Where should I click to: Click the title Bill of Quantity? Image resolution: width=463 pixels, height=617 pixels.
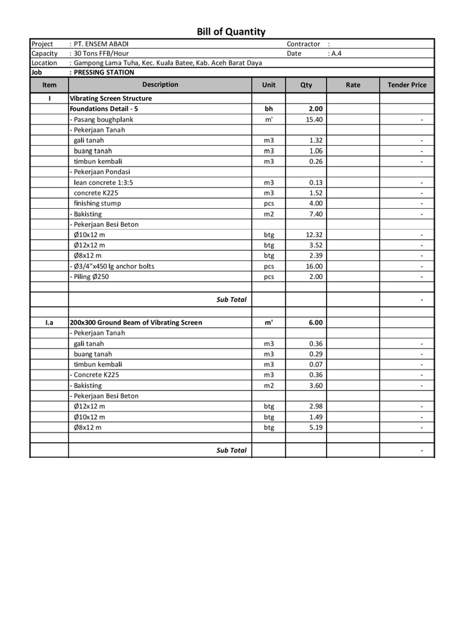[x=231, y=31]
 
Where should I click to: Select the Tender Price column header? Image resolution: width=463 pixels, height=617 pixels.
[x=406, y=85]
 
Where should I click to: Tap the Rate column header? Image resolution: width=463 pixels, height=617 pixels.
[x=352, y=85]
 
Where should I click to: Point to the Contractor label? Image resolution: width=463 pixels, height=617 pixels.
[x=304, y=44]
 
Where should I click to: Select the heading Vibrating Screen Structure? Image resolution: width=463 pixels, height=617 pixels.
[x=111, y=98]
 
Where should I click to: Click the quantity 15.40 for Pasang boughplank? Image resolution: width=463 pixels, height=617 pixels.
[x=314, y=120]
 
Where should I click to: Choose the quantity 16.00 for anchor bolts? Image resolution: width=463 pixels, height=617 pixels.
[x=314, y=266]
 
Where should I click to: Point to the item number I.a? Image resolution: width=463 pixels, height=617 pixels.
[x=50, y=323]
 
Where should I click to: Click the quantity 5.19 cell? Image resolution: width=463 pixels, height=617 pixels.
[x=315, y=427]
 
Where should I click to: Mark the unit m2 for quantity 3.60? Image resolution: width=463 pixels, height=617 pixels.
[x=269, y=386]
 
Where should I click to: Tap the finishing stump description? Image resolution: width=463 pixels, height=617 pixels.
[x=97, y=203]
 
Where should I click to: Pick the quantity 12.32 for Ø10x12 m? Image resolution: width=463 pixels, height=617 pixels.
[x=314, y=235]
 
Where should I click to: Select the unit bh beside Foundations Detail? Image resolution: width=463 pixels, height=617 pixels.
[x=269, y=109]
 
